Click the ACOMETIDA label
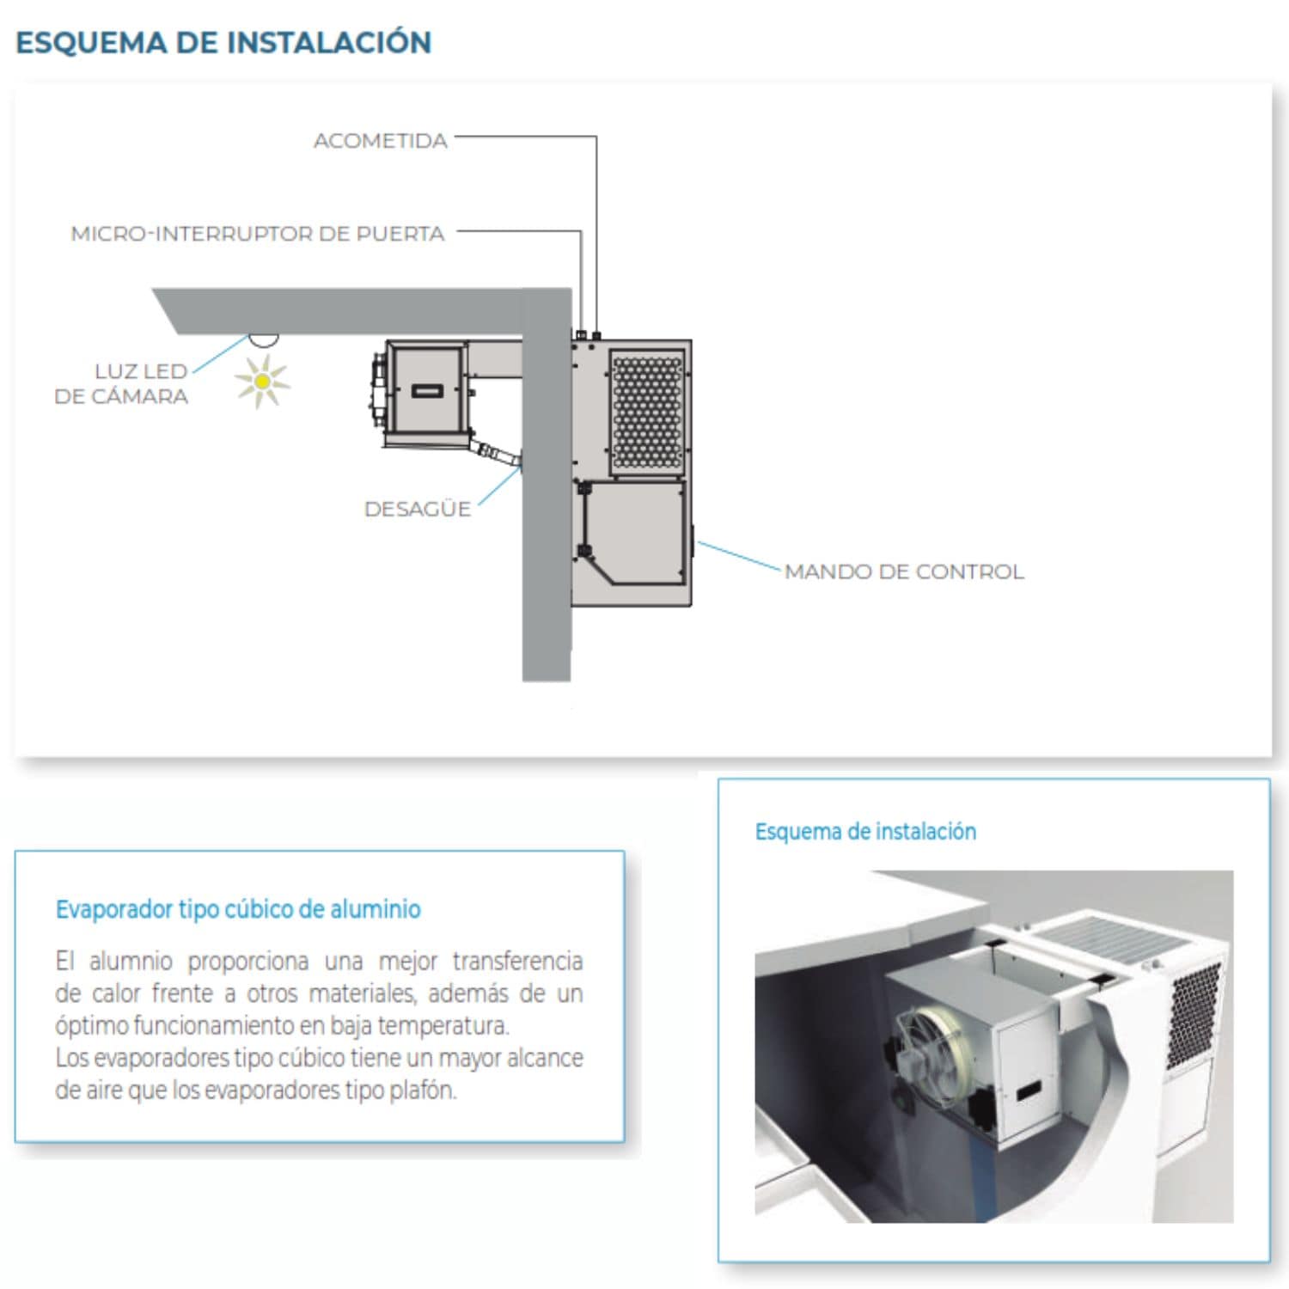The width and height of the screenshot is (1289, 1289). pyautogui.click(x=381, y=141)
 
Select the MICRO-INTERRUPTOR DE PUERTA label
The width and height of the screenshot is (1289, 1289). pyautogui.click(x=258, y=234)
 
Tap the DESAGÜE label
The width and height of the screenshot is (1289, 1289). pyautogui.click(x=418, y=509)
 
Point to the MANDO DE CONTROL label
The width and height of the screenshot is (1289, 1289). pyautogui.click(x=904, y=571)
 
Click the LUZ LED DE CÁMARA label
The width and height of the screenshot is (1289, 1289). pyautogui.click(x=121, y=383)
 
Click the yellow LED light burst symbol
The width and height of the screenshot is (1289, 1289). pyautogui.click(x=262, y=381)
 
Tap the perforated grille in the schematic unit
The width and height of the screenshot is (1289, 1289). pyautogui.click(x=647, y=412)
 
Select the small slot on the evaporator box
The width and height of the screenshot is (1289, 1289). pyautogui.click(x=427, y=391)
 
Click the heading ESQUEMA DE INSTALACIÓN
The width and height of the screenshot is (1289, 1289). pyautogui.click(x=223, y=42)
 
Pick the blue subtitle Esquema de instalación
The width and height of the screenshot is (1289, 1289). pyautogui.click(x=865, y=831)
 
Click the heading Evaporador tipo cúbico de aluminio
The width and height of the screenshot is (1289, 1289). pyautogui.click(x=238, y=908)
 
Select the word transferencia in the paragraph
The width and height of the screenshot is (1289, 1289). pyautogui.click(x=517, y=960)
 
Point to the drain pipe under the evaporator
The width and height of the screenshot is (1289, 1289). pyautogui.click(x=496, y=452)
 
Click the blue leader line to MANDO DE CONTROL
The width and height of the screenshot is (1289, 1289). pyautogui.click(x=739, y=556)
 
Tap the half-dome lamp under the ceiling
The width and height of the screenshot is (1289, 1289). pyautogui.click(x=264, y=340)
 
